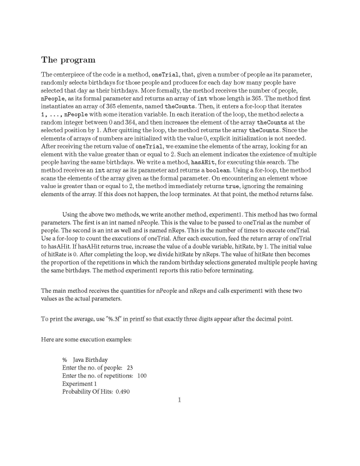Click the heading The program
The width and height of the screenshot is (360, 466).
[68, 60]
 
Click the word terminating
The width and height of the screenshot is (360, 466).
[235, 271]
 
